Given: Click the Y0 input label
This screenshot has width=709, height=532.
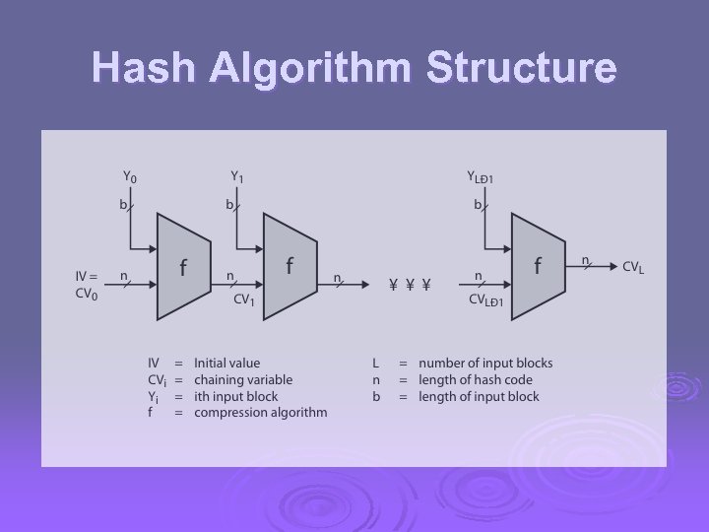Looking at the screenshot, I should [130, 177].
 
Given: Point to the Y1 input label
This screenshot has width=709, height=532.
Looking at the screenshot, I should [237, 177].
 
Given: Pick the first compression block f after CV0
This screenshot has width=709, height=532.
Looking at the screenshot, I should [184, 268].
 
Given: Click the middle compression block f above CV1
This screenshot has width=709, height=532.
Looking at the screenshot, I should [290, 266].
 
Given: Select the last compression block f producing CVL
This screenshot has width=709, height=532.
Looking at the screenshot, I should [538, 266].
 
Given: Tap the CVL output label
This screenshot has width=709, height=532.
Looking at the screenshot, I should [634, 266].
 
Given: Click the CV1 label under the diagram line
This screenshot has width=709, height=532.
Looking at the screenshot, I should [242, 300].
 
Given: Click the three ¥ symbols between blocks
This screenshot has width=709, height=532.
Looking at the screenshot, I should [410, 286].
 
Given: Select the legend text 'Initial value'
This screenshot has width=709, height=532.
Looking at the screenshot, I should [227, 364].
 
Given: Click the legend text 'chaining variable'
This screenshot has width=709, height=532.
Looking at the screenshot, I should [243, 380].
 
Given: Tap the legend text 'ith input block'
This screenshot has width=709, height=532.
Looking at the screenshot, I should [236, 397].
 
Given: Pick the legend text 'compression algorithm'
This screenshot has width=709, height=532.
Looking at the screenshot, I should [261, 413].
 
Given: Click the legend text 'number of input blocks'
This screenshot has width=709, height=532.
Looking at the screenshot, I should [485, 364].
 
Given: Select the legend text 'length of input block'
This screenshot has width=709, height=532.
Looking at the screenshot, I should [479, 397].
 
